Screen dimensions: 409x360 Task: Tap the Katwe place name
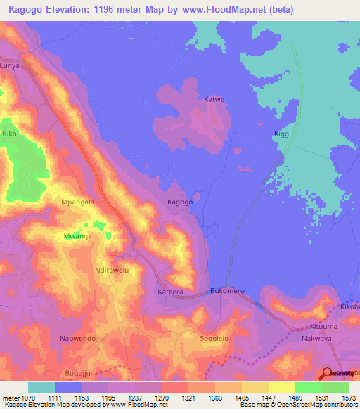pos(214,100)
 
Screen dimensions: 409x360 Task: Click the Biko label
pos(9,133)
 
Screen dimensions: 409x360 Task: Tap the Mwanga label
pos(78,236)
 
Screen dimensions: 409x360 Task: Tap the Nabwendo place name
pos(78,338)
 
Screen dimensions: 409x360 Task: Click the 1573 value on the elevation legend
pos(348,398)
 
